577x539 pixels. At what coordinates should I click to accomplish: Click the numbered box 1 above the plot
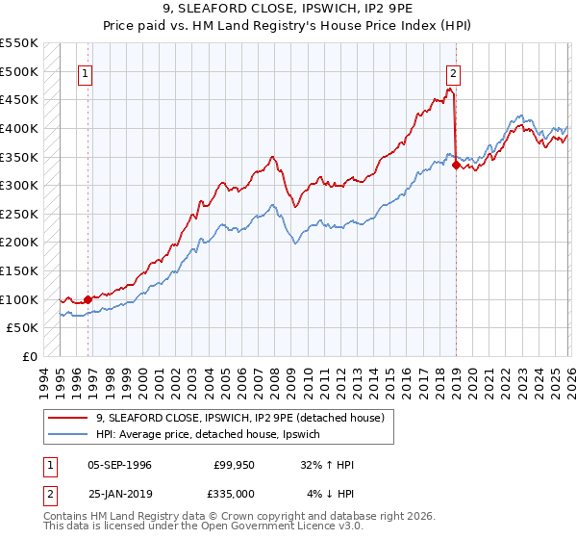[x=86, y=71]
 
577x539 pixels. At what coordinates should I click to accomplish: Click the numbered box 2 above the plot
[x=453, y=71]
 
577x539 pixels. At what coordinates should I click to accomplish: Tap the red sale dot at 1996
[x=88, y=299]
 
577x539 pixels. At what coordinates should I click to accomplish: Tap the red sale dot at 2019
[x=455, y=165]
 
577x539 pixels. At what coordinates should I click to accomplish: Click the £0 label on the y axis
[x=29, y=356]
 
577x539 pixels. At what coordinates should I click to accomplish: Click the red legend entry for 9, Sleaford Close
[x=240, y=418]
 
